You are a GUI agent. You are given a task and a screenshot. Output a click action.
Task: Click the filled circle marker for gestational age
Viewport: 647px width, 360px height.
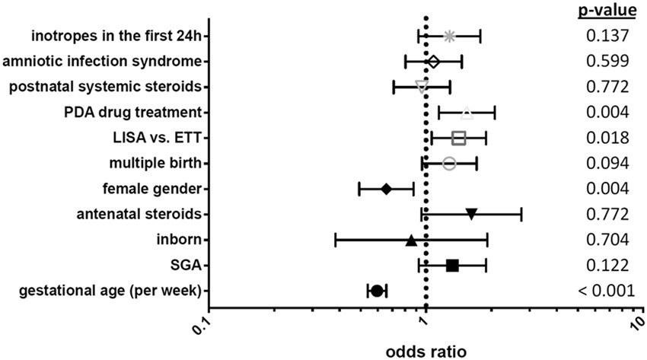point(376,291)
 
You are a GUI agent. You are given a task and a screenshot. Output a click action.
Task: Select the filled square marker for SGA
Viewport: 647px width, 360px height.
point(452,265)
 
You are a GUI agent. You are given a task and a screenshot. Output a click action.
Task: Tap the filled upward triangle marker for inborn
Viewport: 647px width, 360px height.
point(411,240)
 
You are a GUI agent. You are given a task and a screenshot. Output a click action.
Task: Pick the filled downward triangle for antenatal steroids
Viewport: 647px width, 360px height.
point(471,215)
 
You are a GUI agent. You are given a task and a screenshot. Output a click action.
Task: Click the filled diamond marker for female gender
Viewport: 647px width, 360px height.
point(386,189)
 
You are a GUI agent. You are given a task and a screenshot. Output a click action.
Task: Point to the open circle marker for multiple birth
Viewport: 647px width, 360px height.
point(449,164)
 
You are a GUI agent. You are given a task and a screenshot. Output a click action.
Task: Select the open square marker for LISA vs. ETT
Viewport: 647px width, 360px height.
point(458,138)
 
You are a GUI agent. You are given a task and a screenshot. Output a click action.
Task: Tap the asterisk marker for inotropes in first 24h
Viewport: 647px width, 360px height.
point(449,36)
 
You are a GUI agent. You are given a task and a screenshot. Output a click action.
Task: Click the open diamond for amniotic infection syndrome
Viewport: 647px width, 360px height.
point(433,61)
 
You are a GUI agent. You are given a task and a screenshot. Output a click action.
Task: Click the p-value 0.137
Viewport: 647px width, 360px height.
point(607,36)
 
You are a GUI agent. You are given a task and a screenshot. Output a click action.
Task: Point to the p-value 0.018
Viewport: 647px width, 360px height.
point(607,138)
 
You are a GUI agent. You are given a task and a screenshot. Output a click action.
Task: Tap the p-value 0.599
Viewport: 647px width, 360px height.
point(607,61)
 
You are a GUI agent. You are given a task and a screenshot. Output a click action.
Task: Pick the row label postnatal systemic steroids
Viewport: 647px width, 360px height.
point(105,87)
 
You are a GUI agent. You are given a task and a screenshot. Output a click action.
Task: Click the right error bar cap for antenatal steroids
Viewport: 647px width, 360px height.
point(521,215)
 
